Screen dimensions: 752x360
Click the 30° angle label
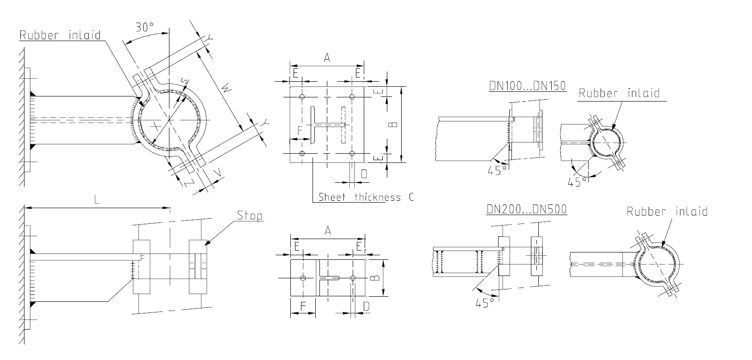tap(144, 27)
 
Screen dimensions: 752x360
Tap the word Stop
tap(249, 216)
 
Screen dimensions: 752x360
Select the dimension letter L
tap(96, 200)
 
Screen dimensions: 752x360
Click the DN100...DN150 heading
tap(527, 86)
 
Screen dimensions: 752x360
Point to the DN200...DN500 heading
tap(527, 209)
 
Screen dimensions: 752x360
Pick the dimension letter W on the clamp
tap(227, 89)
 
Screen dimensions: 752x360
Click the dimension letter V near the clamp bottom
tap(218, 173)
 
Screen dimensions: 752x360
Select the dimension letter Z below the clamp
tap(189, 183)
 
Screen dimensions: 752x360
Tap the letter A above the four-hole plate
tap(327, 58)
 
